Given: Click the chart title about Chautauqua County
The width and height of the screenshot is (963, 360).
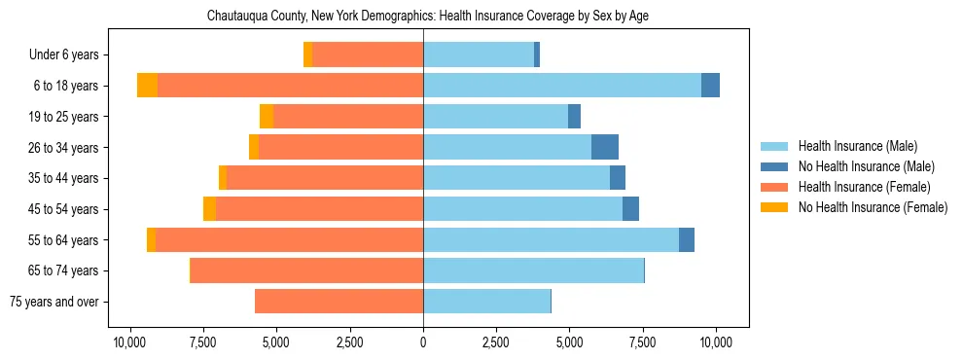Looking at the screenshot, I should pyautogui.click(x=427, y=17).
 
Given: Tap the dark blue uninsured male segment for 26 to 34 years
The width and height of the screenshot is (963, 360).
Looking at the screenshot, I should pyautogui.click(x=605, y=147).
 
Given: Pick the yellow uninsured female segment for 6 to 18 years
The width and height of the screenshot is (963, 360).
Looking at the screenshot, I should pyautogui.click(x=147, y=86).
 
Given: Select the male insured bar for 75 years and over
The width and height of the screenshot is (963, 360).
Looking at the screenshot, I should pyautogui.click(x=486, y=302).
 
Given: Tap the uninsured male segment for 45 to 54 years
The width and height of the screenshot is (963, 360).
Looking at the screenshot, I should pyautogui.click(x=630, y=209).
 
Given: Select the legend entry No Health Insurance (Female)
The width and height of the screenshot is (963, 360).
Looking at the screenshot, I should pyautogui.click(x=873, y=207).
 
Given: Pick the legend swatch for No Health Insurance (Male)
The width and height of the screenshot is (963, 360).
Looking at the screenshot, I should pyautogui.click(x=775, y=166).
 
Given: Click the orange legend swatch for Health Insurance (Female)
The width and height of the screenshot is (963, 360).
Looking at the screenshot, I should pyautogui.click(x=775, y=187).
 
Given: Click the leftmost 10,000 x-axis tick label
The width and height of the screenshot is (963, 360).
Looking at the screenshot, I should pyautogui.click(x=129, y=342).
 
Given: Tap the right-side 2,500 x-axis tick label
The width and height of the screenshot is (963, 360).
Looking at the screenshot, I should pyautogui.click(x=496, y=342).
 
